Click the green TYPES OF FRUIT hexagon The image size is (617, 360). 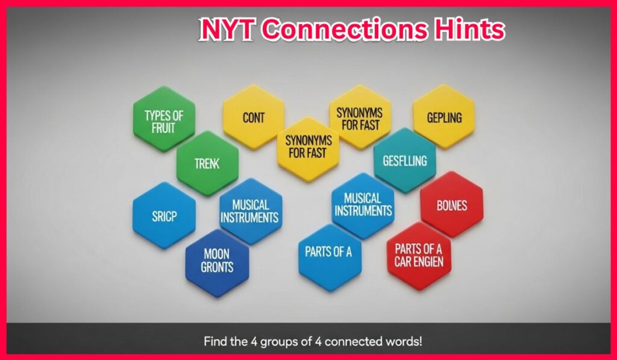click(x=164, y=118)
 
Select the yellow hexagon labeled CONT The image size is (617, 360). click(x=254, y=117)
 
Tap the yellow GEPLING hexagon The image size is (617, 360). click(x=444, y=117)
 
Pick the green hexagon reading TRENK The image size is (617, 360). click(x=207, y=163)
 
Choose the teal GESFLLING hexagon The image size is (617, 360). click(x=404, y=160)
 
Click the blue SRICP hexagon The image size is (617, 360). click(x=164, y=215)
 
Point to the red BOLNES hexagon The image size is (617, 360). click(x=452, y=205)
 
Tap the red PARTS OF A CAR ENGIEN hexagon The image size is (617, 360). click(x=419, y=256)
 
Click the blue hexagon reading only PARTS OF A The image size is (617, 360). click(x=330, y=258)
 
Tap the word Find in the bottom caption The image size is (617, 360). click(x=215, y=341)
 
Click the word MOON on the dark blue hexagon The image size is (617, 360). click(x=216, y=254)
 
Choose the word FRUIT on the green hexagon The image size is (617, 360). click(x=163, y=128)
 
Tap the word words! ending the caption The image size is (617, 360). click(x=406, y=341)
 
